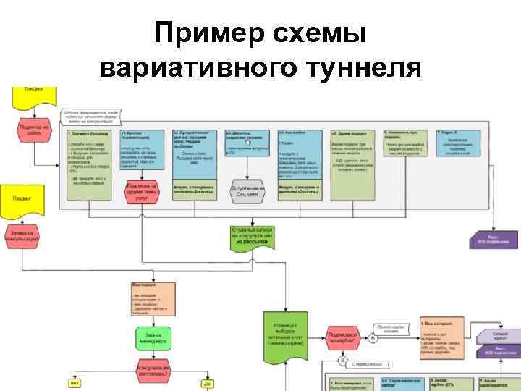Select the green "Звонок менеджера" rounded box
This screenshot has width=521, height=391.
pyautogui.click(x=153, y=337)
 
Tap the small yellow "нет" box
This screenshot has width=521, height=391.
pyautogui.click(x=75, y=383)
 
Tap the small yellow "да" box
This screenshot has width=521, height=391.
pyautogui.click(x=206, y=383)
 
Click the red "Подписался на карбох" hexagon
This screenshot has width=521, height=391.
pyautogui.click(x=342, y=337)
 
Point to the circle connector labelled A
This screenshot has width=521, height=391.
pyautogui.click(x=373, y=337)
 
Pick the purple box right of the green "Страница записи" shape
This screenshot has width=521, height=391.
pyautogui.click(x=493, y=239)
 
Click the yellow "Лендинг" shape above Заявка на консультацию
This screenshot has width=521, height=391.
pyautogui.click(x=27, y=195)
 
